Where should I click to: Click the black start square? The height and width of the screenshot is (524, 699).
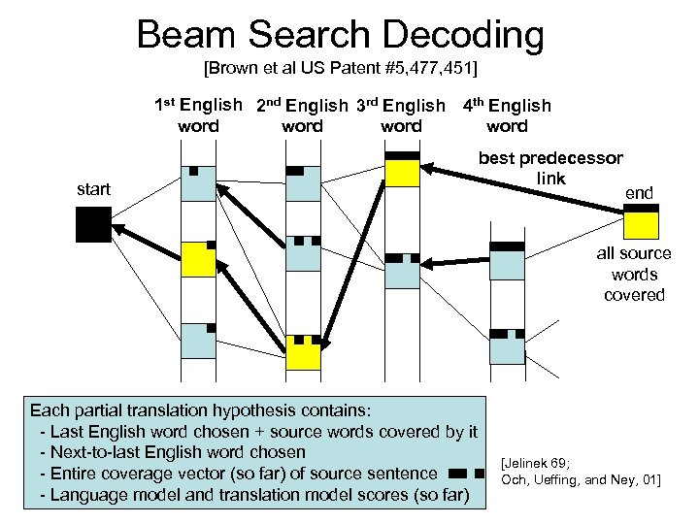[94, 224]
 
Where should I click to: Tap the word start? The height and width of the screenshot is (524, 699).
[93, 189]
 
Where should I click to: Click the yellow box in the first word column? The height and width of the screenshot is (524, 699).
[197, 259]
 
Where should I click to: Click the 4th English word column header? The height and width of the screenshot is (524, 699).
[507, 115]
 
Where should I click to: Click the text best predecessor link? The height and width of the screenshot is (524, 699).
[550, 168]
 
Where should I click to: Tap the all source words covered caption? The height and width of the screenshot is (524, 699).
[633, 275]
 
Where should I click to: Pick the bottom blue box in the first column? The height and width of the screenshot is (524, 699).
[197, 340]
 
